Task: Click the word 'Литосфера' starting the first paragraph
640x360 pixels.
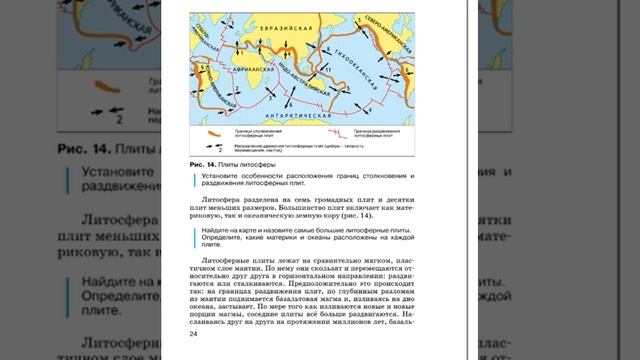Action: (219, 199)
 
